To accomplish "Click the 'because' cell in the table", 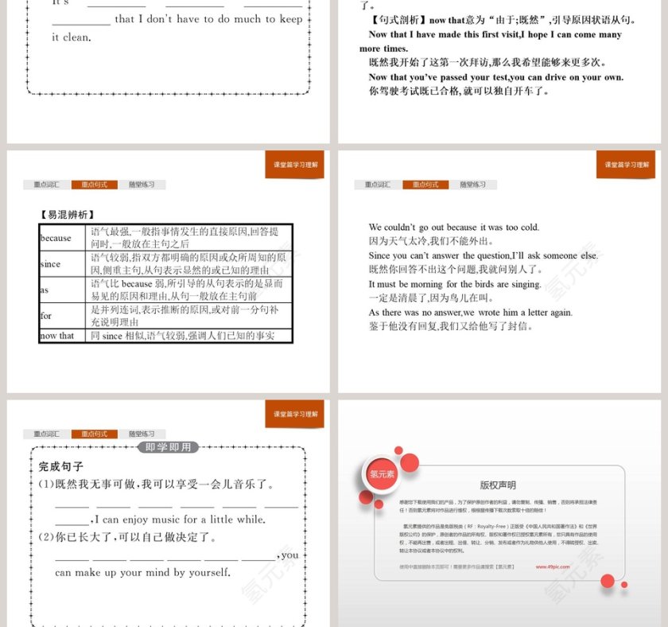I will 56,238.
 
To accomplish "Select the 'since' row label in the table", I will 50,264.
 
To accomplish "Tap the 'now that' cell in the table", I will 56,336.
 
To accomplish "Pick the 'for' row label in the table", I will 46,316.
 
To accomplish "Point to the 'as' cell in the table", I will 45,290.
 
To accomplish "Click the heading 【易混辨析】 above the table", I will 67,214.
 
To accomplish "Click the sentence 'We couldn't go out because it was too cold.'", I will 453,228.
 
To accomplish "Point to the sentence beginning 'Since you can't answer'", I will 483,255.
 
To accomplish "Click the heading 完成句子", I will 61,466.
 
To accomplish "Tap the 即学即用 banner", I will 169,447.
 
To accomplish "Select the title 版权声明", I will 498,485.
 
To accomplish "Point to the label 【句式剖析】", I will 396,20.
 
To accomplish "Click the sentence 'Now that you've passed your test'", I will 495,77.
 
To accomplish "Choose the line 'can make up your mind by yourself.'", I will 142,572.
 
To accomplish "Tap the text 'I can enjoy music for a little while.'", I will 184,520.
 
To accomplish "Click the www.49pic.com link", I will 551,567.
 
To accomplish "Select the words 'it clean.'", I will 71,37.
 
